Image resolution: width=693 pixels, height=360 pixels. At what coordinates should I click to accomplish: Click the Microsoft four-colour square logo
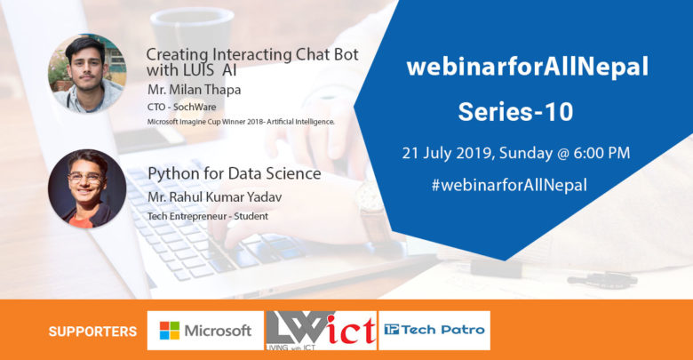click(x=170, y=331)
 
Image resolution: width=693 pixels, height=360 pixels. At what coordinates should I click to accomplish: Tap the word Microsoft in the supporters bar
click(x=218, y=331)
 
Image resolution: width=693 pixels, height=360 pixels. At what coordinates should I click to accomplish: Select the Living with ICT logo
click(x=321, y=331)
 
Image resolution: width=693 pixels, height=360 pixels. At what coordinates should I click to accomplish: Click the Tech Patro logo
click(x=434, y=330)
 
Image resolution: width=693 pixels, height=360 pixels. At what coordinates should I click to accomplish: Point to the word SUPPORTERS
click(x=92, y=332)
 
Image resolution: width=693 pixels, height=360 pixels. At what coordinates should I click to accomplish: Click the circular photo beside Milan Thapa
click(x=87, y=73)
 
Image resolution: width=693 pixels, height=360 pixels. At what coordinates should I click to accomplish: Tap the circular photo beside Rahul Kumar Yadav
click(x=87, y=188)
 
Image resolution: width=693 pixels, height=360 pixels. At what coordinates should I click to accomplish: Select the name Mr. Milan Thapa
click(x=194, y=90)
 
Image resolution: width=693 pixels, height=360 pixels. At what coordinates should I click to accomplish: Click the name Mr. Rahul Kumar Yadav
click(x=214, y=197)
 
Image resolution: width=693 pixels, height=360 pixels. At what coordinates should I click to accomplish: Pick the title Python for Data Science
click(x=235, y=174)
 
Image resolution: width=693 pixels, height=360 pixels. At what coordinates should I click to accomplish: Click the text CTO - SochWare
click(x=181, y=107)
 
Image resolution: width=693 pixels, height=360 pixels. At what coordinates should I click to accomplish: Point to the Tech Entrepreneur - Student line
click(x=208, y=216)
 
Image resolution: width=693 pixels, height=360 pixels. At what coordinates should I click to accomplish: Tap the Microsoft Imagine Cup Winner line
click(x=241, y=122)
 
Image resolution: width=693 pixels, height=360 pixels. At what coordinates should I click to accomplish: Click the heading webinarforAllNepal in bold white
click(x=528, y=67)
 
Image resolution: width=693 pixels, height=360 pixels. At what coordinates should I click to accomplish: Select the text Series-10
click(x=516, y=111)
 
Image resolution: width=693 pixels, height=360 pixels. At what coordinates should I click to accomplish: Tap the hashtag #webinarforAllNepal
click(x=509, y=185)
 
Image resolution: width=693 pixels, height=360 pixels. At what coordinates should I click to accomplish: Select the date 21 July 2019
click(x=448, y=154)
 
